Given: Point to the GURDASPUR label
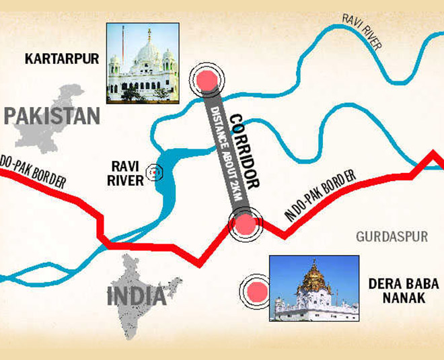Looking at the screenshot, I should pyautogui.click(x=387, y=238).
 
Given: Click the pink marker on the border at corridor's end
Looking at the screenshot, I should pyautogui.click(x=244, y=223).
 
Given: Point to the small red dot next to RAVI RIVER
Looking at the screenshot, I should pyautogui.click(x=155, y=173).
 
